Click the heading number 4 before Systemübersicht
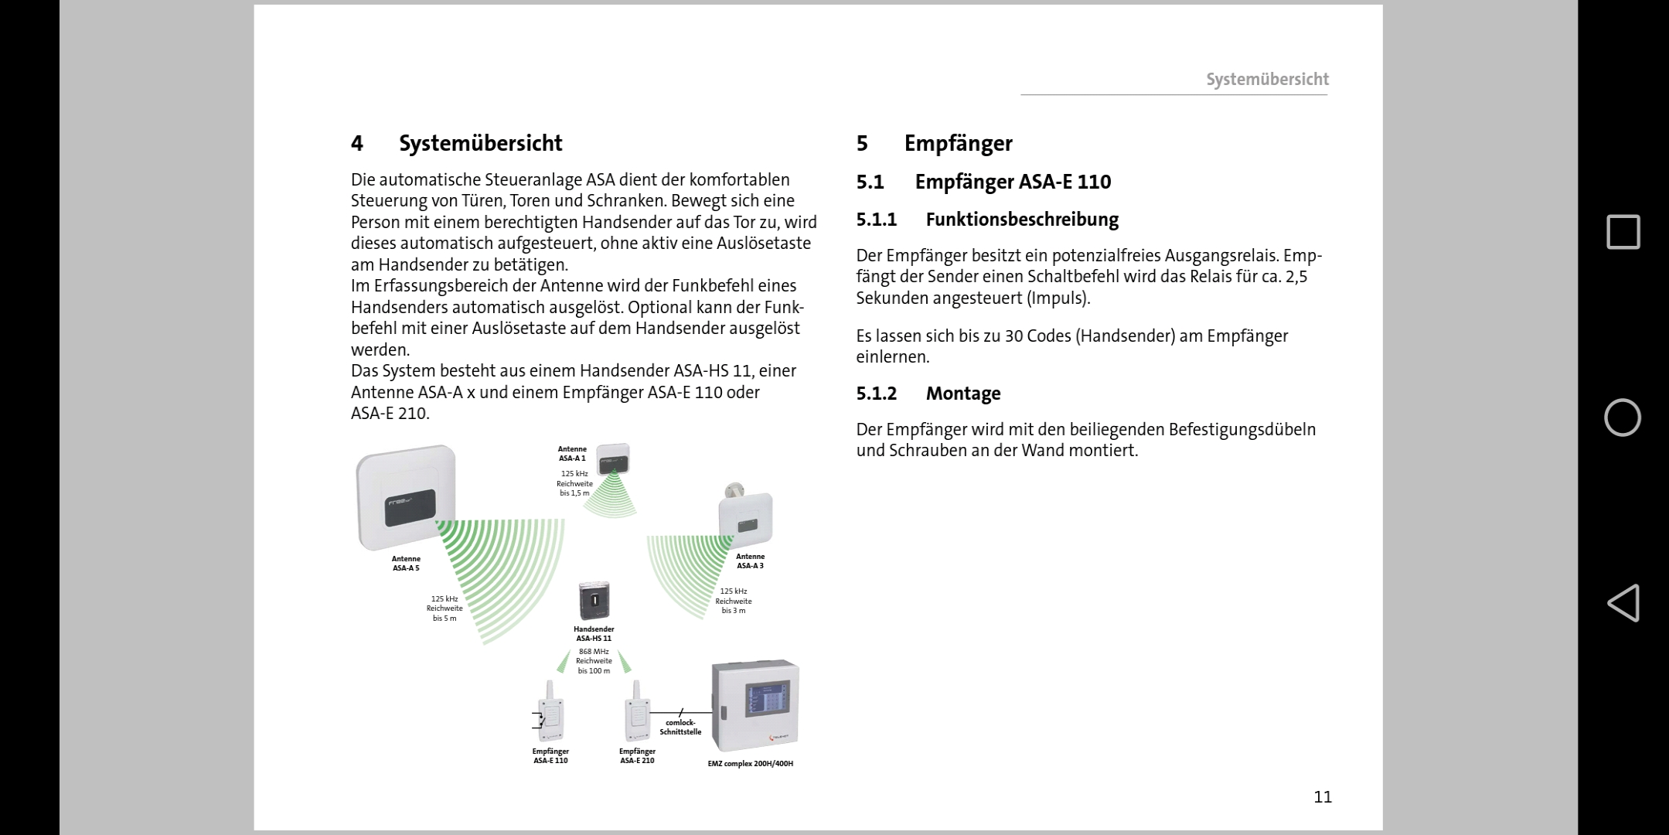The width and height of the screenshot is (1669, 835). (356, 144)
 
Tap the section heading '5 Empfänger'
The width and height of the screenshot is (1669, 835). (934, 144)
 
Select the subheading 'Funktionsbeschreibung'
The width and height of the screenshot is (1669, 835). (1021, 220)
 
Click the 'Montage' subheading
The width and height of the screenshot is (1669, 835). (962, 394)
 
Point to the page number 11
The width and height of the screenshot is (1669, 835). (1322, 797)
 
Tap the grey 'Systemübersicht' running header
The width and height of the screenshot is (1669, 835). (1267, 80)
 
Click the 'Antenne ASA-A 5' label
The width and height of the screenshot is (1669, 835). (406, 564)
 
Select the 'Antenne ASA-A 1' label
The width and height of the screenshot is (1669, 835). (572, 454)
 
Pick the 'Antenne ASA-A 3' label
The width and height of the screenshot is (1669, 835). (750, 561)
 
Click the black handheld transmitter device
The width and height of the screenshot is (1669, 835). (594, 601)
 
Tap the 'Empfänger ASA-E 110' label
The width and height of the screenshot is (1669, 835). (550, 756)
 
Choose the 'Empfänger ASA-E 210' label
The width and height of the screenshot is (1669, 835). (637, 756)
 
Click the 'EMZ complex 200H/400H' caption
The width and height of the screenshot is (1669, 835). (750, 764)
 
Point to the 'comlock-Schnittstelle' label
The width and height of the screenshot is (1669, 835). (680, 728)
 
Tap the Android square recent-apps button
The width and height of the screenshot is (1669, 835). (1623, 232)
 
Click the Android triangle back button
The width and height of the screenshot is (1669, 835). (1623, 603)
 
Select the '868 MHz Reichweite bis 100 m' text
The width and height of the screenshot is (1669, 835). (594, 661)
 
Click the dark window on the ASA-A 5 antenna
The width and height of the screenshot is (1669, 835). (410, 507)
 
